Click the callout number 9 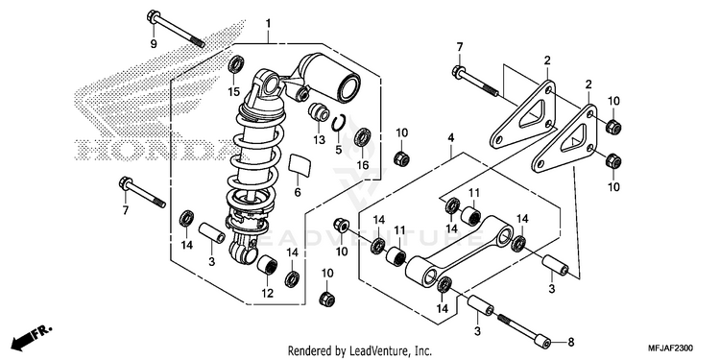[x=154, y=44]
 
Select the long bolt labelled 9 [x=176, y=29]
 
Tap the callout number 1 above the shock [x=268, y=23]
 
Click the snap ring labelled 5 [x=338, y=125]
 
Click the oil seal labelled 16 [x=363, y=137]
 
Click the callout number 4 [x=451, y=137]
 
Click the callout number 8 [x=571, y=342]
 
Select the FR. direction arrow [x=32, y=337]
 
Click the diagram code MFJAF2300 [x=671, y=348]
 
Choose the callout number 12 [x=268, y=293]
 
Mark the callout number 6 [x=298, y=192]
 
